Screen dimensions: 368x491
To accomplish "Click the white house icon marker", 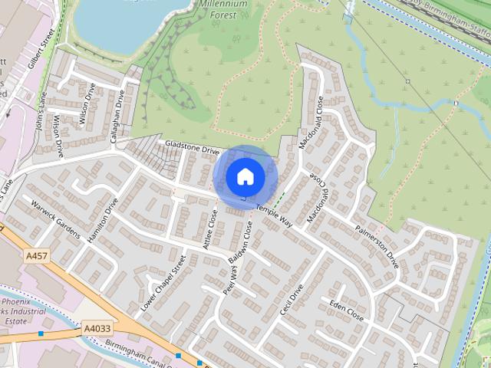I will (x=245, y=177).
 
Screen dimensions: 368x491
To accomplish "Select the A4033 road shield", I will (x=97, y=328).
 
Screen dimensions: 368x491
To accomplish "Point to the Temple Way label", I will (x=274, y=215).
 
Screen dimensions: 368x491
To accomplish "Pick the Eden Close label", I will (x=346, y=309).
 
